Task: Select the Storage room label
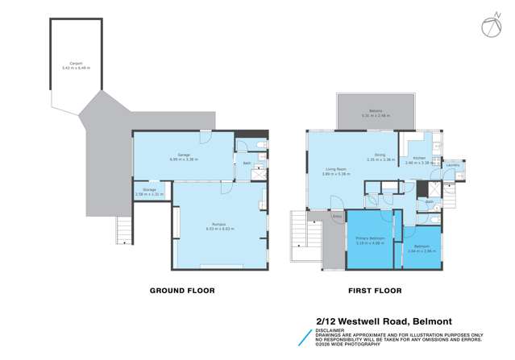coord(149,190)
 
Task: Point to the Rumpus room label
coord(218,225)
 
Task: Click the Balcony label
coord(376,110)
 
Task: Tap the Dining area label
coord(380,155)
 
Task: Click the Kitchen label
coord(419,158)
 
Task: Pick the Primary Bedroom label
coord(369,239)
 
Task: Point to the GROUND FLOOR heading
coord(183,291)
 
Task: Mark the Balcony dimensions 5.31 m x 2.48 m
coord(376,115)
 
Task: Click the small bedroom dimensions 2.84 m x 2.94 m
coord(420,251)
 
